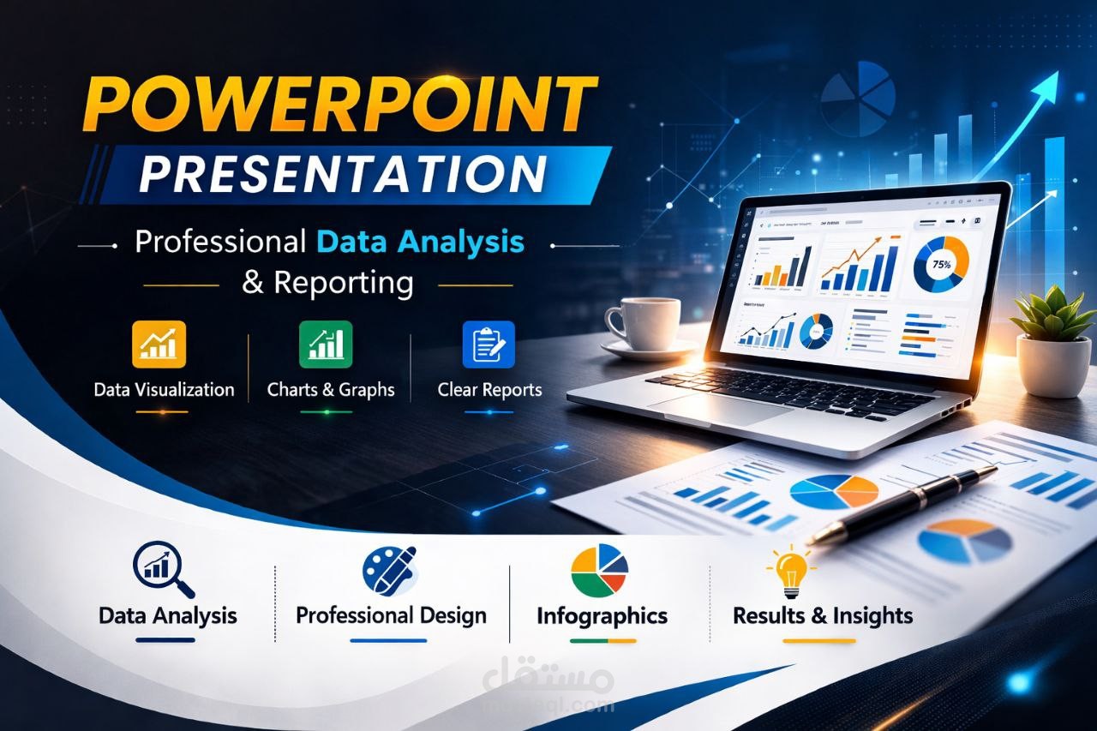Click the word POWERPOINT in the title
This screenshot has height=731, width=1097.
341,103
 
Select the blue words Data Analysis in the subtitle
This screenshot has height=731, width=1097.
420,243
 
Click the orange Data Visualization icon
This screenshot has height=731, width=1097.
159,345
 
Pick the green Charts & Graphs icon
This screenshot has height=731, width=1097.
326,345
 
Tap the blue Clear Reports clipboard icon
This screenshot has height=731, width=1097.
489,345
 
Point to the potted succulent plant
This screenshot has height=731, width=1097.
1052,339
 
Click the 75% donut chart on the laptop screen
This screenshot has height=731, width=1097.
940,265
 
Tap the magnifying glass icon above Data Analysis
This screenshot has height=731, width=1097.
163,571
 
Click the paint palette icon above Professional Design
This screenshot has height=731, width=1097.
390,570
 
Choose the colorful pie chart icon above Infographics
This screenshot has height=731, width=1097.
600,570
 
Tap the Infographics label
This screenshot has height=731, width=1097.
602,616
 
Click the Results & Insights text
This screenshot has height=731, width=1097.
822,615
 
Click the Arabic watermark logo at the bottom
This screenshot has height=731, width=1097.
548,681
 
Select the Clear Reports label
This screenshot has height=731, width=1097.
489,390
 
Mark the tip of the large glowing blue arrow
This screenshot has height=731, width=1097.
1056,75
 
